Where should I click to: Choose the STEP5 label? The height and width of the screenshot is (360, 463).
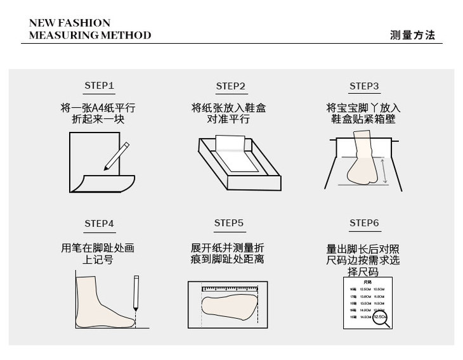click(229, 223)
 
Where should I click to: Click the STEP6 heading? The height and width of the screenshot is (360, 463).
click(364, 224)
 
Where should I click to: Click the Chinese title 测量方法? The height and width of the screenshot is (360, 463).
click(412, 35)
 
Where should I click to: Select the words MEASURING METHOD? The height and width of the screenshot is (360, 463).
click(90, 35)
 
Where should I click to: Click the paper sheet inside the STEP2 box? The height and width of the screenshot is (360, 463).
click(235, 154)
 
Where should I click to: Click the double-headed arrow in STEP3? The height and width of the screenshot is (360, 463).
click(384, 169)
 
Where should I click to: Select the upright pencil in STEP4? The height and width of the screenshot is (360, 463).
click(136, 293)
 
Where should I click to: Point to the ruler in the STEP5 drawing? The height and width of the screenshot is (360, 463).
click(228, 289)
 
